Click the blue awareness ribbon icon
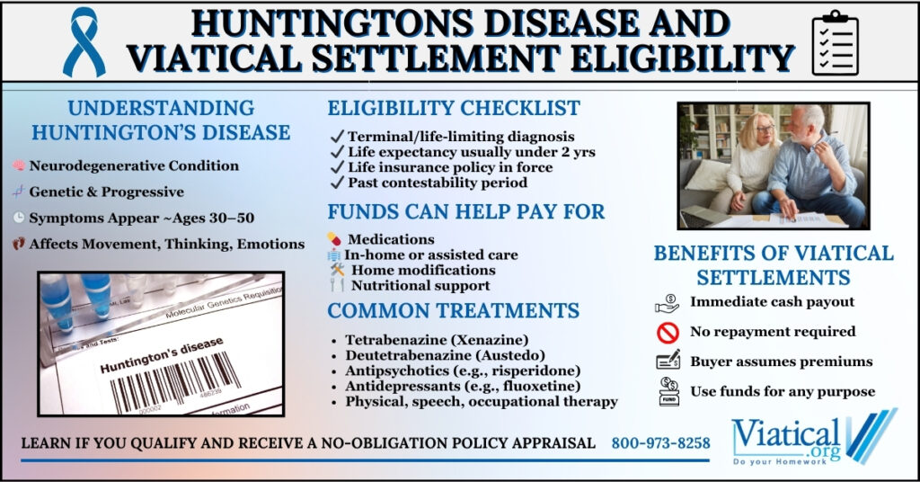[84, 42]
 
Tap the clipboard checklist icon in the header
[835, 42]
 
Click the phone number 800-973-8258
[660, 443]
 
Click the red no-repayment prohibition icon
[668, 333]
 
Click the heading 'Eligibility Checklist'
[454, 108]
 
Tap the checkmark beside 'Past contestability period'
[337, 183]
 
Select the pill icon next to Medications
[334, 239]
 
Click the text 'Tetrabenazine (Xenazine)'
[437, 340]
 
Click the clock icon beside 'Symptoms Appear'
[19, 218]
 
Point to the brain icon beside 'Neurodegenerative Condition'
[19, 165]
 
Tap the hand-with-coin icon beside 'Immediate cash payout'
[668, 304]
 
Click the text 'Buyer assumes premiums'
[781, 361]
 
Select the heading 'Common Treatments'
[454, 310]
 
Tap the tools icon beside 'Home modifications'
[337, 270]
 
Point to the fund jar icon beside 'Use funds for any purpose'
[668, 391]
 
